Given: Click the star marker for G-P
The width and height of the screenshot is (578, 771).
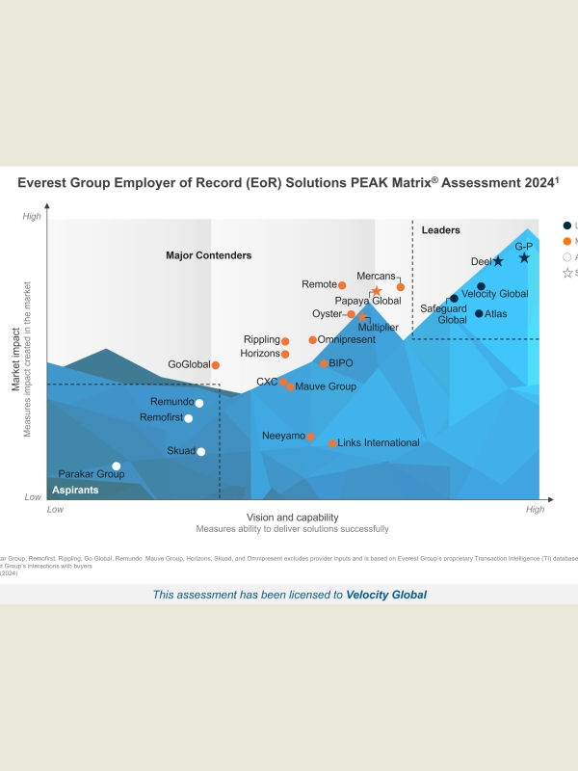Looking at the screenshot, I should pos(524,257).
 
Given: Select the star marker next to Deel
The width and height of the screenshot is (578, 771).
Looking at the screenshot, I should pos(498,261).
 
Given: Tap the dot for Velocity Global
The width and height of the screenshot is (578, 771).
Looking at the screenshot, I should pos(481,286).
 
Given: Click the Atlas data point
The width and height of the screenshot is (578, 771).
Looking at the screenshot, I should pos(479,313).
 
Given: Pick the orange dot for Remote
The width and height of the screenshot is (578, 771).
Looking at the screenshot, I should pos(342,285).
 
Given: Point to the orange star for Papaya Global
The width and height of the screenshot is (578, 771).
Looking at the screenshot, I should pos(377,291).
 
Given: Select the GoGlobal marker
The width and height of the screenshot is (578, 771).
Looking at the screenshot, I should pos(216,365).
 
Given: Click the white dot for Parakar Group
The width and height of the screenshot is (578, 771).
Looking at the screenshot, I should pos(117,466).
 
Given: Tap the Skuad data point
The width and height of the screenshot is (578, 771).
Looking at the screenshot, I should pos(200,451).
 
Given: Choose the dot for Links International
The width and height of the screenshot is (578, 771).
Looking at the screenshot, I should pos(332,443).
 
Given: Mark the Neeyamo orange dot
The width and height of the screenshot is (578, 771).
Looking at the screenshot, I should pos(310,437).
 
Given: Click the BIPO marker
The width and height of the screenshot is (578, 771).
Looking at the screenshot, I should pos(324,363).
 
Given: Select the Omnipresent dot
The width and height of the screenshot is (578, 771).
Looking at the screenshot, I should pos(312,339).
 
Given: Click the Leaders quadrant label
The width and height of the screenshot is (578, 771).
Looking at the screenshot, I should pos(441,230).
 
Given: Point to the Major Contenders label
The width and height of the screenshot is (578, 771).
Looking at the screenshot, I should pos(208,255).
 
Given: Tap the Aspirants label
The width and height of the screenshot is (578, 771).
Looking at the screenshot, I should pos(75,491).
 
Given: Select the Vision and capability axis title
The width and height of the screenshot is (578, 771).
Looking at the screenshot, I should pos(292,518).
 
